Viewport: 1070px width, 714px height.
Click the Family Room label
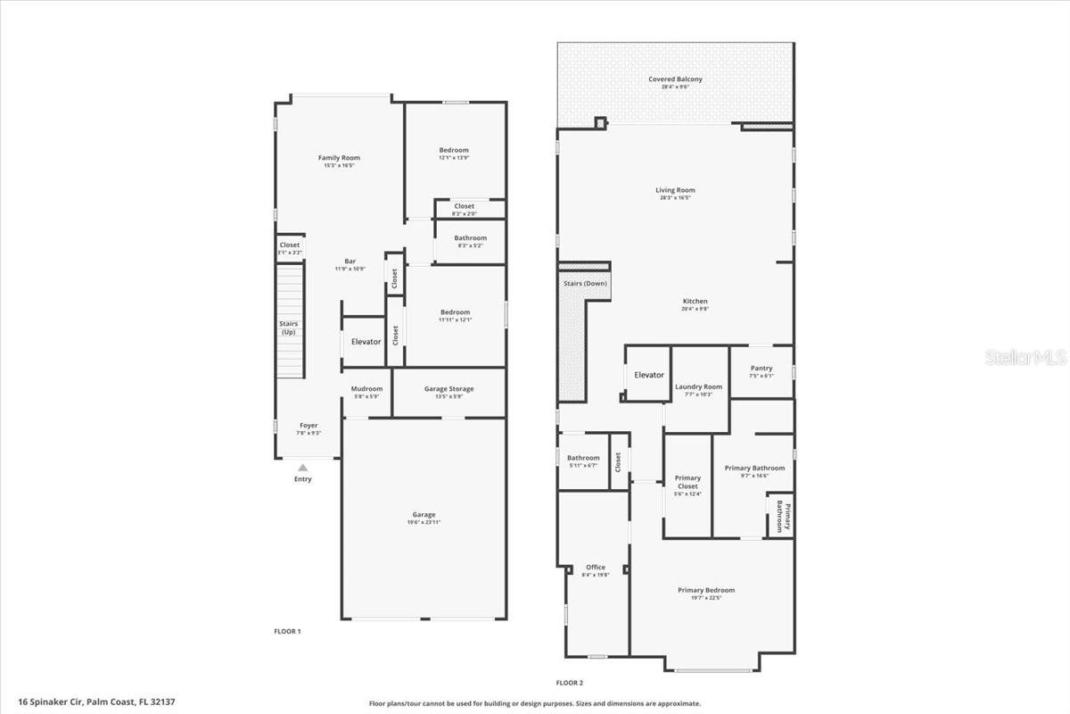pyautogui.click(x=339, y=158)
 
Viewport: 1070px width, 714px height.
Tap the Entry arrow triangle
pyautogui.click(x=303, y=468)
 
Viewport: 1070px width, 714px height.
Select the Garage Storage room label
pyautogui.click(x=449, y=389)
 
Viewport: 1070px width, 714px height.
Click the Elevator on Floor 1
pyautogui.click(x=366, y=342)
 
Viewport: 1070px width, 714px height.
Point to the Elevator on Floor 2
pyautogui.click(x=648, y=375)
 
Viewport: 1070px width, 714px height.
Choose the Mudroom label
pyautogui.click(x=366, y=389)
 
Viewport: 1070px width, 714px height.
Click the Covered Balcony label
pyautogui.click(x=675, y=79)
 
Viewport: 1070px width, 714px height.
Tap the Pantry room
pyautogui.click(x=761, y=369)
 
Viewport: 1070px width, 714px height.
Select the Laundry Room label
pyautogui.click(x=698, y=387)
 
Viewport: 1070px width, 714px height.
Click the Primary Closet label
pyautogui.click(x=687, y=482)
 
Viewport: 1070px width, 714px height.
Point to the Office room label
pyautogui.click(x=596, y=568)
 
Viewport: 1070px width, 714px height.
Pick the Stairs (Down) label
pyautogui.click(x=585, y=283)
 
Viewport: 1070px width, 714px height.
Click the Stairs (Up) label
pyautogui.click(x=288, y=328)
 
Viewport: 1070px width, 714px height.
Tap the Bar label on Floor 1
pyautogui.click(x=350, y=262)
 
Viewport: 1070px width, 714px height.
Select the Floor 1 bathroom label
pyautogui.click(x=470, y=238)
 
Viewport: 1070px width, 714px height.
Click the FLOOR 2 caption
pyautogui.click(x=569, y=683)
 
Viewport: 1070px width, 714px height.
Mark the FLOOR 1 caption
pyautogui.click(x=287, y=631)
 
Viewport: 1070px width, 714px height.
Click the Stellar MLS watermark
pyautogui.click(x=1025, y=357)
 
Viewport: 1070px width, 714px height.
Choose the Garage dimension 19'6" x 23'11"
pyautogui.click(x=424, y=522)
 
